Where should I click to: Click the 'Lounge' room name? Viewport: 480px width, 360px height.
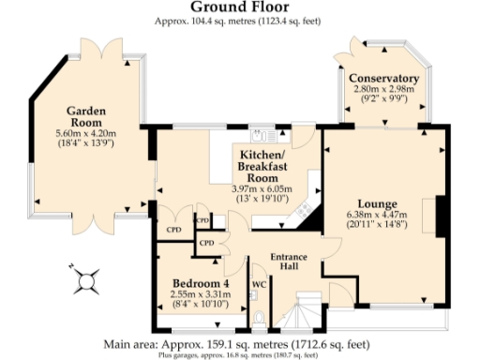(x=377, y=203)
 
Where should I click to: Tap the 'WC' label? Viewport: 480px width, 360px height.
(x=260, y=282)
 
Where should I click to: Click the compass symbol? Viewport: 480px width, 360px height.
(x=85, y=279)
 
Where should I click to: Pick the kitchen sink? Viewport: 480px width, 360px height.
(x=262, y=134)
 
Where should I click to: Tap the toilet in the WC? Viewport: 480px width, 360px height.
(x=260, y=317)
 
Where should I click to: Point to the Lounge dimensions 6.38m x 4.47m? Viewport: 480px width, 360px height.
(x=377, y=215)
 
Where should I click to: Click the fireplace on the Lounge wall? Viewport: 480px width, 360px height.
(x=439, y=216)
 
